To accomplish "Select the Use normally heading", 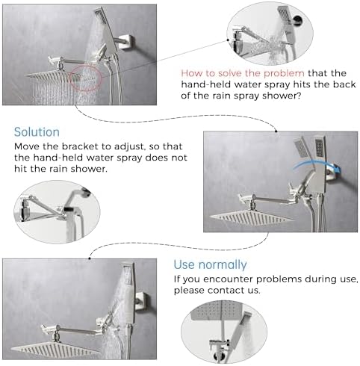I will click(210, 264).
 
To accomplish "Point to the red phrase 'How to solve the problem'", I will click(232, 73).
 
